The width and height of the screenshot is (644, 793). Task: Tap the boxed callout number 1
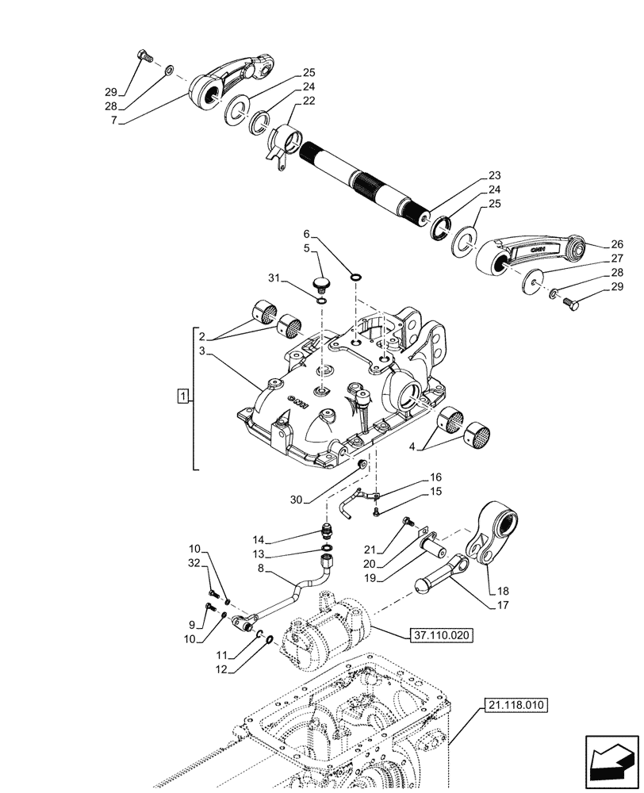(x=183, y=396)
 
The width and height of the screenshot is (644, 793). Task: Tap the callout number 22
(x=309, y=102)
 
